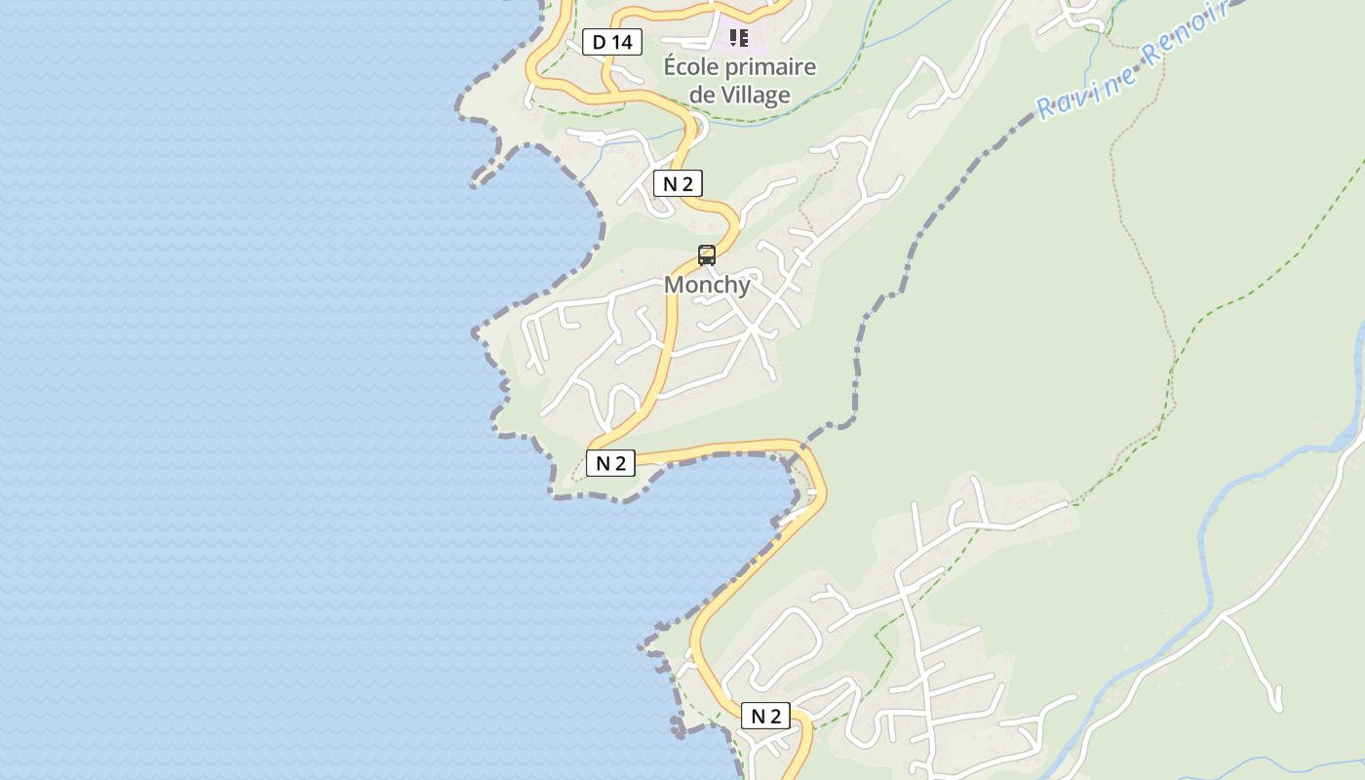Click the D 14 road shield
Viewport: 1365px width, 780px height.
click(612, 42)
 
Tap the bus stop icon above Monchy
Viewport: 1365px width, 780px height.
click(707, 255)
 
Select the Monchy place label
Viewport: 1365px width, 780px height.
click(707, 285)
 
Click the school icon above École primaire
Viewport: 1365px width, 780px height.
click(739, 38)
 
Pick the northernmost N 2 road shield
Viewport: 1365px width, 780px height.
click(678, 183)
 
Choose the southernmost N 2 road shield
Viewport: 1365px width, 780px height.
click(765, 716)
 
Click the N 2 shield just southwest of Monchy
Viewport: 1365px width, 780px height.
click(610, 463)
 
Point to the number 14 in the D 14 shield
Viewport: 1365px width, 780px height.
click(624, 42)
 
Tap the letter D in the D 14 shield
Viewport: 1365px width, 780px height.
click(599, 42)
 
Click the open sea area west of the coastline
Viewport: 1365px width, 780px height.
click(244, 390)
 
